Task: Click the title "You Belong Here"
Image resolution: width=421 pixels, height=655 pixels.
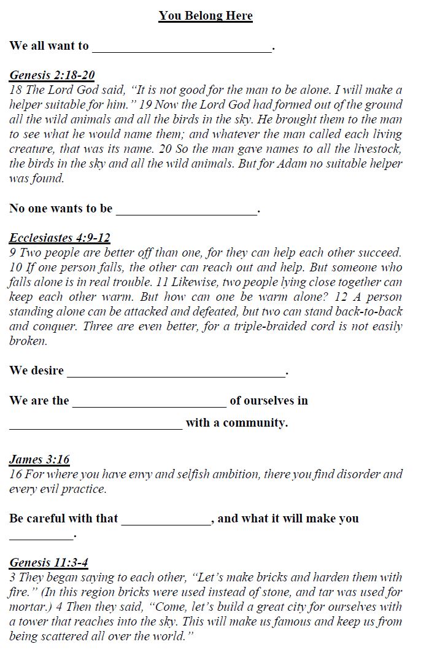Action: (206, 16)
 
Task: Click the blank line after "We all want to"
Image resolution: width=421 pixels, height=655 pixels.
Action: (182, 49)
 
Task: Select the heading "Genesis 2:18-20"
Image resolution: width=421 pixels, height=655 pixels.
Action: (52, 76)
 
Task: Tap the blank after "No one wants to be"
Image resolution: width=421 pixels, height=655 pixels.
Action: (187, 212)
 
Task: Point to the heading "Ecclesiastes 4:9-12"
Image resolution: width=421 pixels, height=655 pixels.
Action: (60, 238)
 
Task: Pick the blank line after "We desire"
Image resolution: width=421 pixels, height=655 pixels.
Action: (176, 374)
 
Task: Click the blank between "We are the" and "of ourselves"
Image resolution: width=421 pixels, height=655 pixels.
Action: (149, 404)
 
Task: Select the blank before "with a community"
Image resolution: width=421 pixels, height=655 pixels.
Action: (96, 426)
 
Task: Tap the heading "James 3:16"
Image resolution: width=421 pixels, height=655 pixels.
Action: (39, 460)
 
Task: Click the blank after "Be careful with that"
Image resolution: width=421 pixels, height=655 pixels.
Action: (166, 522)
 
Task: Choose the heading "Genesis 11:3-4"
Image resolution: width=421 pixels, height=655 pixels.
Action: (49, 563)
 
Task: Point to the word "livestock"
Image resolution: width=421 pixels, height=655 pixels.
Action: (376, 149)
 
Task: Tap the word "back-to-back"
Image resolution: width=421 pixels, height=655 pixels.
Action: (370, 312)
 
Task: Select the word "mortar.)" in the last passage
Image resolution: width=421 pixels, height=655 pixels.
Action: (29, 607)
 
